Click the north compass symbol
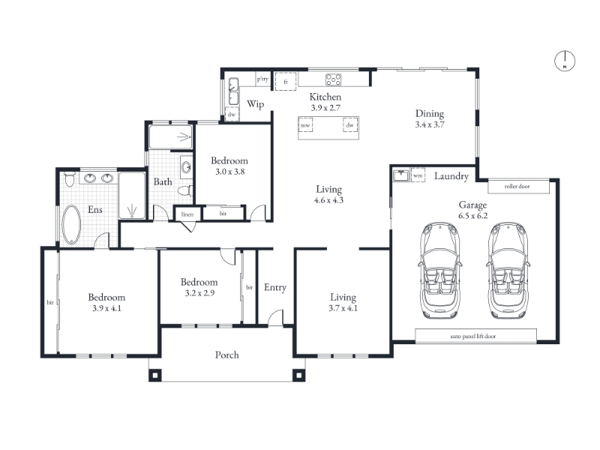click(x=565, y=61)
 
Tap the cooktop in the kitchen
click(x=333, y=79)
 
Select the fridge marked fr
click(x=286, y=82)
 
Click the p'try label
click(x=262, y=79)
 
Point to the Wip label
click(x=255, y=104)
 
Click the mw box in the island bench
click(x=305, y=125)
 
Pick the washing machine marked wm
click(x=418, y=175)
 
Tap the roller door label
click(x=517, y=186)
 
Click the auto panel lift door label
click(x=473, y=336)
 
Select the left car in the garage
click(x=440, y=270)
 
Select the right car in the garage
click(x=508, y=270)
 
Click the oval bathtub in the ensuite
click(x=71, y=224)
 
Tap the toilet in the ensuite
click(x=69, y=179)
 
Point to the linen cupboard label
click(x=187, y=214)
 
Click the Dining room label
click(x=430, y=114)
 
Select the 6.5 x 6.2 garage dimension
click(x=473, y=216)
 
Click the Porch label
click(x=227, y=355)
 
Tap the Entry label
click(x=275, y=287)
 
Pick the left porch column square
click(x=154, y=376)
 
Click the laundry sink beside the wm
click(x=401, y=175)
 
